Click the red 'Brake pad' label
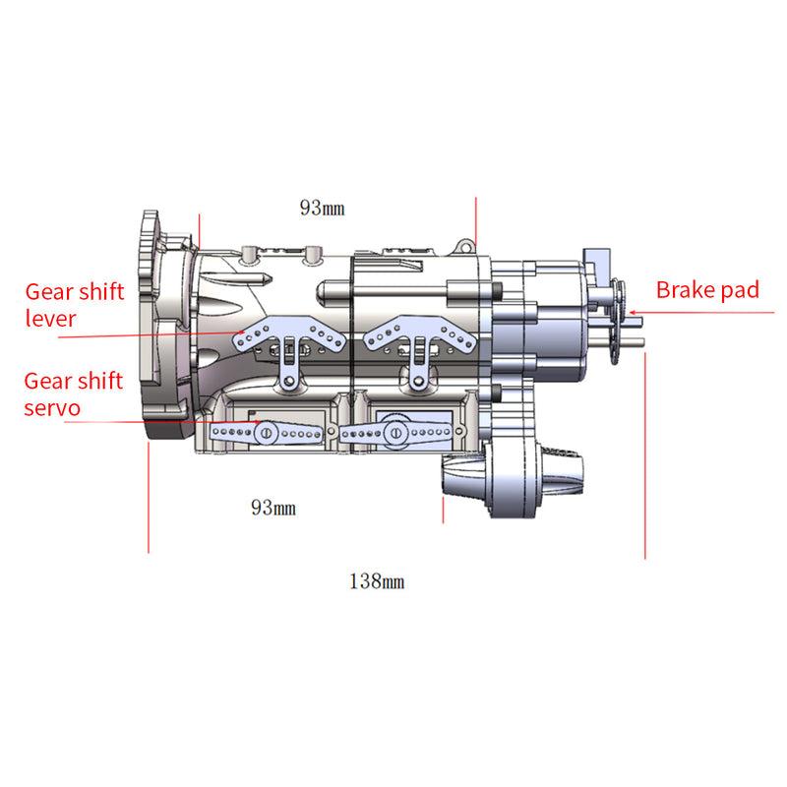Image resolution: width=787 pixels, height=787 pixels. [x=707, y=290]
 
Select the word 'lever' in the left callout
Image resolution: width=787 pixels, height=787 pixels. [x=50, y=319]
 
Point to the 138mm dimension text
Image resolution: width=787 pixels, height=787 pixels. [x=376, y=581]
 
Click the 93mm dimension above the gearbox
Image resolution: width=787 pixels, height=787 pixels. [x=322, y=208]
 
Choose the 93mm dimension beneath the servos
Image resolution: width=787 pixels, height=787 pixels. [x=273, y=508]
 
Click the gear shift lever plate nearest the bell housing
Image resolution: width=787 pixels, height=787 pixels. [x=288, y=340]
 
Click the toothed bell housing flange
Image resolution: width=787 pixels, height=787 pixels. [x=152, y=325]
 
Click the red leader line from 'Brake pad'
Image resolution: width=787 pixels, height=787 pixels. [x=708, y=311]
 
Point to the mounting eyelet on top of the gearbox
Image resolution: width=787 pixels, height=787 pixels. [x=315, y=253]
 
